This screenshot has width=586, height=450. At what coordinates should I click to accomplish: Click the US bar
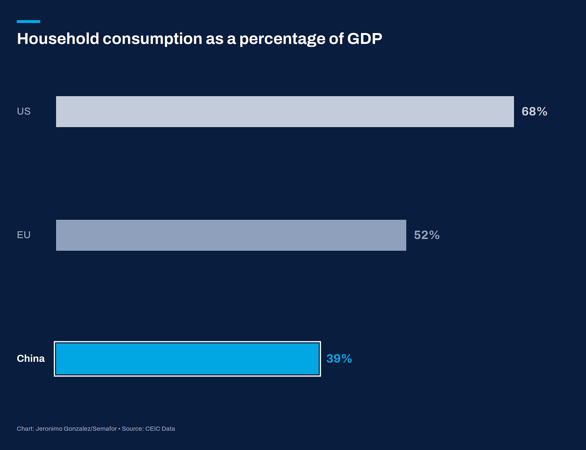click(285, 111)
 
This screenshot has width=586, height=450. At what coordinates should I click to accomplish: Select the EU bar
click(231, 235)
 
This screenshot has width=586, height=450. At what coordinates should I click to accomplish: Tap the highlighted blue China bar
click(188, 359)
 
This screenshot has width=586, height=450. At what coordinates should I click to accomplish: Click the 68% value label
click(534, 111)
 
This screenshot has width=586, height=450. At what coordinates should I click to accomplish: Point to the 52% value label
click(427, 235)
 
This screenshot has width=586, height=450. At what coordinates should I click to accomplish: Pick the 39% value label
click(339, 359)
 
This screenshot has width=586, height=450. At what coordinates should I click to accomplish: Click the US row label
click(24, 111)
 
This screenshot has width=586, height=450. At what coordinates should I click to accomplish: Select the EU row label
click(24, 235)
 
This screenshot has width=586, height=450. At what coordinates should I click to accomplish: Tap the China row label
click(31, 359)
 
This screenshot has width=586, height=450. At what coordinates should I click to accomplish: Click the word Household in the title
click(58, 39)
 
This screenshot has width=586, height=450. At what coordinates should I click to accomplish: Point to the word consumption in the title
click(153, 39)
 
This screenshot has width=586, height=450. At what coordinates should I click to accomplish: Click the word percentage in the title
click(282, 39)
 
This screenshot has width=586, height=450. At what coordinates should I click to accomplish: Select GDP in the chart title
click(365, 39)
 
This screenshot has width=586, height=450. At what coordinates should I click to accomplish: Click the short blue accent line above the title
click(28, 22)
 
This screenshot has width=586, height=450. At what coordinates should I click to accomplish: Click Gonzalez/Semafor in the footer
click(90, 429)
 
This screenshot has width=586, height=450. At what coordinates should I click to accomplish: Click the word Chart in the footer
click(25, 429)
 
